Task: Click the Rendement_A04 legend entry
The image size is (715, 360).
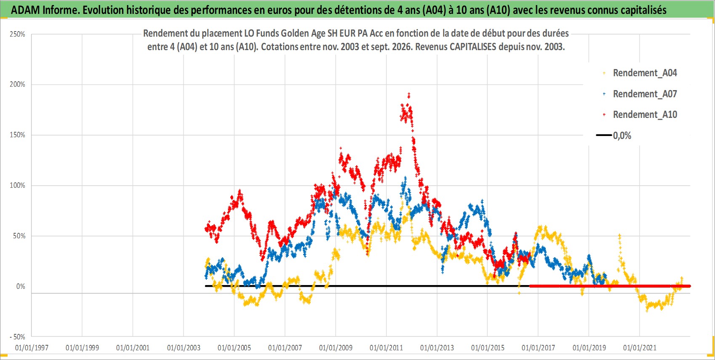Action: [x=640, y=73]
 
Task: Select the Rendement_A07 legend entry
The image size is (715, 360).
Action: [x=640, y=94]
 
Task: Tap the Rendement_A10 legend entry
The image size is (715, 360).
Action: [x=640, y=115]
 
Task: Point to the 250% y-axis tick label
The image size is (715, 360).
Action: [x=17, y=34]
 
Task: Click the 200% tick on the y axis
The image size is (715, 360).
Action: [x=17, y=84]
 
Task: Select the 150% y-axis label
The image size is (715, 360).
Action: [x=17, y=135]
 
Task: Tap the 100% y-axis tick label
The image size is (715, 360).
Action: [x=17, y=185]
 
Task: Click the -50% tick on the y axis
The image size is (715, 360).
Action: [x=17, y=337]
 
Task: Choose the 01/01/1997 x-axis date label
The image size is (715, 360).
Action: [x=32, y=347]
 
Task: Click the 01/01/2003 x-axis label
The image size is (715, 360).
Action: [x=184, y=347]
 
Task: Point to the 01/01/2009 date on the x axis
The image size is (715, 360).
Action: [x=336, y=347]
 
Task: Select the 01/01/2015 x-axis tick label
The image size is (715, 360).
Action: [x=488, y=347]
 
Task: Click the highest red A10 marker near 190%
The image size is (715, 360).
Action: [x=409, y=94]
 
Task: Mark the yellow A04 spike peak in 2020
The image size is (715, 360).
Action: [x=619, y=236]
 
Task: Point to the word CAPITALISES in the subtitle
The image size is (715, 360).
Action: [x=473, y=47]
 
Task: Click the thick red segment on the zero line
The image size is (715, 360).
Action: [x=610, y=286]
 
